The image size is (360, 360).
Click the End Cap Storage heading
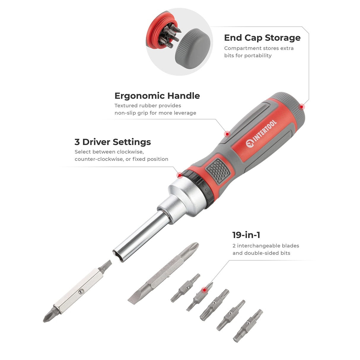point(262,38)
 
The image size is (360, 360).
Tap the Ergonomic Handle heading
point(157,96)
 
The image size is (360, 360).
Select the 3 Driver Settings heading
point(113,142)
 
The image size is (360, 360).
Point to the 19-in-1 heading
point(246,235)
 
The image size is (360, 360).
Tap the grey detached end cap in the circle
point(193,49)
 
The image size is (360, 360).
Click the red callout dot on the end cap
point(302,107)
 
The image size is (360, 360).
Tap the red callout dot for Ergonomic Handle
point(227,134)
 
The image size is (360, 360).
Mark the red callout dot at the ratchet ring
point(179,175)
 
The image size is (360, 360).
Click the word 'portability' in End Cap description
point(257,55)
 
